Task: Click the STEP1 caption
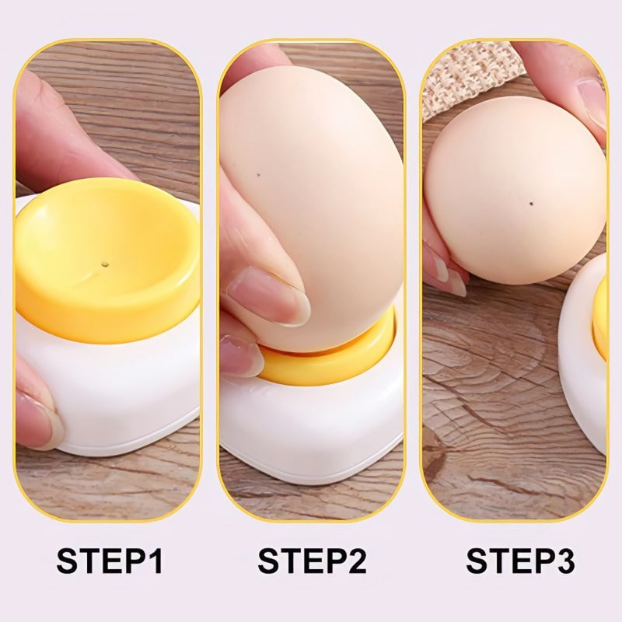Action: point(110,561)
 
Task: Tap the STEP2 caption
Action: point(312,561)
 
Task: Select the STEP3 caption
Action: point(520,561)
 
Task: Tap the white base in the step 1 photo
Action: point(117,389)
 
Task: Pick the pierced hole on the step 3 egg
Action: point(530,204)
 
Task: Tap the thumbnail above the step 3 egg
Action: point(592,101)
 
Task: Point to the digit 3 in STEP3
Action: point(564,561)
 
